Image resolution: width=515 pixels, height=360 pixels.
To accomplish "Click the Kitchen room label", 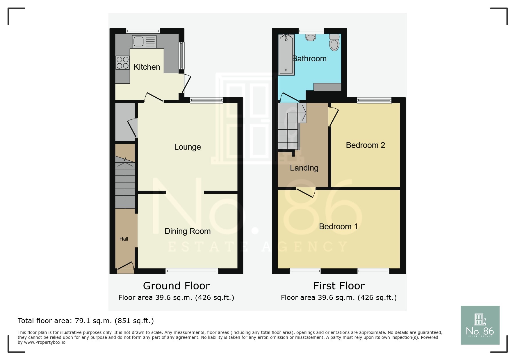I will click(147, 67).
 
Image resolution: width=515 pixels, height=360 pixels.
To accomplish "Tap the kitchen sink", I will click(144, 42).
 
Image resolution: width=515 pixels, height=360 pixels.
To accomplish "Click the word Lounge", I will click(187, 147).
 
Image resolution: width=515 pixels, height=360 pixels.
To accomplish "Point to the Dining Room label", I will click(187, 231).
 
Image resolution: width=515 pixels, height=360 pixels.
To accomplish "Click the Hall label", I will click(124, 239).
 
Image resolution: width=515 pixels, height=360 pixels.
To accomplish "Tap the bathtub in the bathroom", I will click(286, 54).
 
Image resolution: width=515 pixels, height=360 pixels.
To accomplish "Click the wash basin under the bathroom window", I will click(311, 37).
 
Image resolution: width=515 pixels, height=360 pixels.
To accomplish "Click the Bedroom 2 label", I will click(365, 145).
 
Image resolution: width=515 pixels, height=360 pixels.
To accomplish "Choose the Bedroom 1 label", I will click(338, 227).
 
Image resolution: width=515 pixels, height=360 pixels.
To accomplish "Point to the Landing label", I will click(304, 168).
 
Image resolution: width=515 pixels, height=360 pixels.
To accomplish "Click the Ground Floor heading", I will click(176, 286).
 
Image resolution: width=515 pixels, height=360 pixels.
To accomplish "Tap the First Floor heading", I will click(339, 286).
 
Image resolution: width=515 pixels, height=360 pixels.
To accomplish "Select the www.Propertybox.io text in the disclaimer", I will click(44, 343).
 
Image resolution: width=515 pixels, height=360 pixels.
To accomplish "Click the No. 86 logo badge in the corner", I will click(480, 325).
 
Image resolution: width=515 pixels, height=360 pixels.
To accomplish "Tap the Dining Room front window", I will click(192, 271).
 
